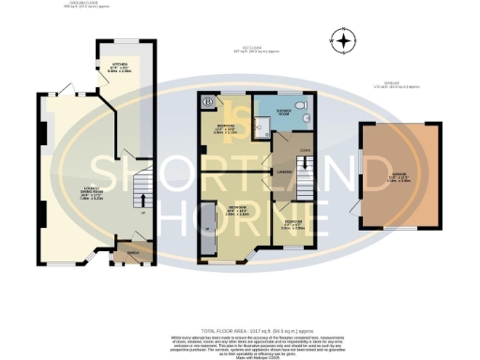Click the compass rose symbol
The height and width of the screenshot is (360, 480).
[344, 40]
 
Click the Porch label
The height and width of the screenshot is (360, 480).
[123, 253]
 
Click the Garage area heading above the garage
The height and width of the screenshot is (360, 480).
[400, 85]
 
